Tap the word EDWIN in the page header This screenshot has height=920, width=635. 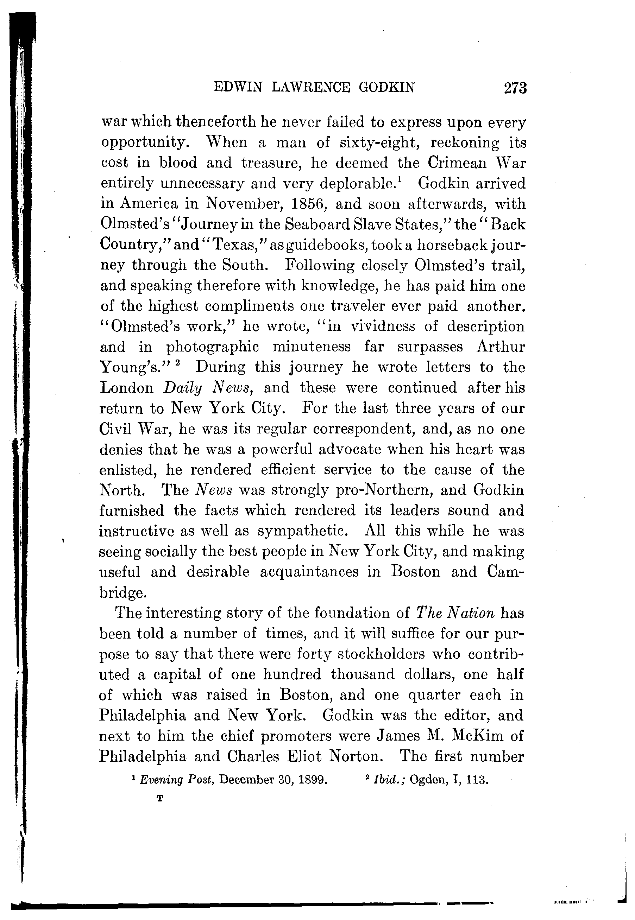tap(238, 87)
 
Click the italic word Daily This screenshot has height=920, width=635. tap(183, 388)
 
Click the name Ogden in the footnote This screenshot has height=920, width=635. tap(428, 780)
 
